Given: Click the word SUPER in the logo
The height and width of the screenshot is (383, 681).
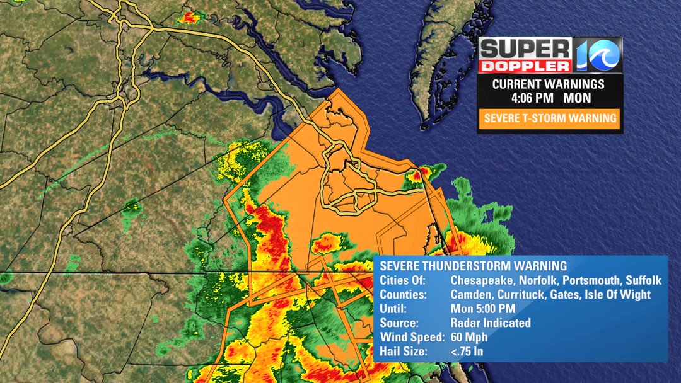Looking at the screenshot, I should point(525,48).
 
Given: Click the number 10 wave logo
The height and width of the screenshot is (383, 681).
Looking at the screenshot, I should point(598,55).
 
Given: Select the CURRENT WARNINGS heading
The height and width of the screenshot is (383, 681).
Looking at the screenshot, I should point(548,84).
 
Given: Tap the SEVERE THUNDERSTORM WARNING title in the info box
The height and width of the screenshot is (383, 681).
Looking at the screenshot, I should point(473,266).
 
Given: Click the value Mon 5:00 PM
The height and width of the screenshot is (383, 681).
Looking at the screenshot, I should point(483,309).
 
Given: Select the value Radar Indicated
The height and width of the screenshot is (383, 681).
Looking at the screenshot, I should point(491,323).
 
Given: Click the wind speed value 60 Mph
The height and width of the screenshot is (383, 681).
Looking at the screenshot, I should point(469,337).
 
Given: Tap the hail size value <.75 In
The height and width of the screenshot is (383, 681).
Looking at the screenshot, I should point(467,352).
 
